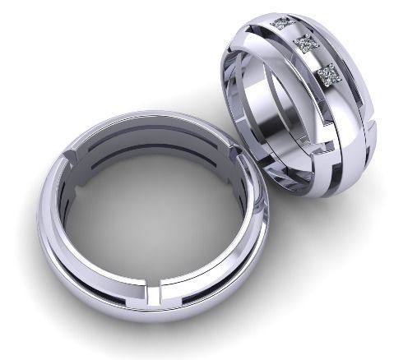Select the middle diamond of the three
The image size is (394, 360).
(306, 45)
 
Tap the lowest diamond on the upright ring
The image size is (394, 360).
(329, 75)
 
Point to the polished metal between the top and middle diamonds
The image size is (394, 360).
(294, 33)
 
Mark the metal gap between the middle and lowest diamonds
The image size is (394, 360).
(318, 60)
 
